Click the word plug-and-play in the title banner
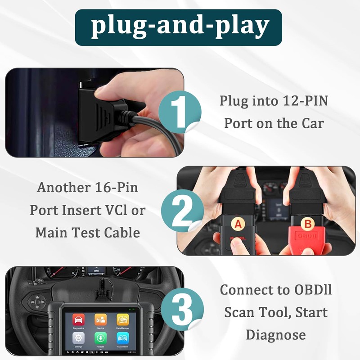click(x=180, y=27)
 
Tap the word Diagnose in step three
click(x=276, y=334)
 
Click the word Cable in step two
click(x=123, y=233)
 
